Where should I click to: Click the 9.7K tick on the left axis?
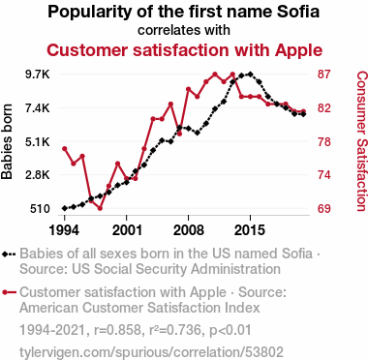[38, 75]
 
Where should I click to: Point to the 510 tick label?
[40, 209]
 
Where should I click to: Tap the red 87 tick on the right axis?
[324, 75]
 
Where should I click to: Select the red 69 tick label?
[324, 209]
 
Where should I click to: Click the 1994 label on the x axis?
[64, 230]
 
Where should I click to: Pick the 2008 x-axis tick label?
[189, 230]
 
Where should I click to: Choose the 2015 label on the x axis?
[250, 230]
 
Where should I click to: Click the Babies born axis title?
[7, 141]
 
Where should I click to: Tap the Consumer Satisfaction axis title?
[361, 141]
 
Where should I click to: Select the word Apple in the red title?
[298, 50]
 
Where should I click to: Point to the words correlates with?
[184, 30]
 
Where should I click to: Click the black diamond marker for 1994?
[65, 208]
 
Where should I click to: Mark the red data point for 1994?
[65, 149]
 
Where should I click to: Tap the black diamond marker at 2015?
[250, 75]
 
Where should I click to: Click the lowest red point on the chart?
[100, 208]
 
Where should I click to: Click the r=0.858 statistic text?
[117, 330]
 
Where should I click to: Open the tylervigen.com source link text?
[151, 352]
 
